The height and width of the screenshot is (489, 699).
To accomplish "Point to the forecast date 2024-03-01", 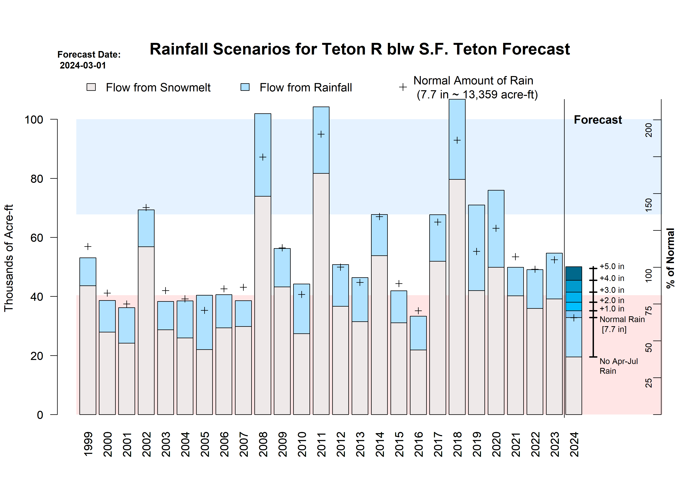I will click(83, 65).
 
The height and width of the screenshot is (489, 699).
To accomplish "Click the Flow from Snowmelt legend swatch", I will click(91, 87).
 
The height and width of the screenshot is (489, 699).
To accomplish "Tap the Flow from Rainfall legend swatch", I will click(245, 87).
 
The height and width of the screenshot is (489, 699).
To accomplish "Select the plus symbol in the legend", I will click(403, 87).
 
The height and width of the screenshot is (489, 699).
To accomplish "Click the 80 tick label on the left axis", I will click(37, 179).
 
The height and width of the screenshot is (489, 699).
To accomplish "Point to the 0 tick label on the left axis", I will click(40, 415).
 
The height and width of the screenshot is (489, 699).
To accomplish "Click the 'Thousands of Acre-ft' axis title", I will click(9, 258).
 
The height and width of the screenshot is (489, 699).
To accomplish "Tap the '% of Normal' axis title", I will click(671, 258).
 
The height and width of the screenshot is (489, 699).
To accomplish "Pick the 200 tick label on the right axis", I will click(649, 130).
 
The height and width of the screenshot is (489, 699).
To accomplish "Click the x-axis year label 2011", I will click(321, 444).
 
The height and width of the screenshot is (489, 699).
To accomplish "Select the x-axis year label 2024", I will click(574, 444).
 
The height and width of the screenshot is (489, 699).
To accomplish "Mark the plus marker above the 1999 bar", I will click(88, 246).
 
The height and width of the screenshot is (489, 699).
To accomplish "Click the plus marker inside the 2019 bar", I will click(476, 252).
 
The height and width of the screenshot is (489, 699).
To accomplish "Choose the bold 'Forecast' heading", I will click(598, 120).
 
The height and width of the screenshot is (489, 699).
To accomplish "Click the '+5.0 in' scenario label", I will click(612, 267).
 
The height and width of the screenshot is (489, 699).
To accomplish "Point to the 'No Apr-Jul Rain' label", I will click(619, 366).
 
